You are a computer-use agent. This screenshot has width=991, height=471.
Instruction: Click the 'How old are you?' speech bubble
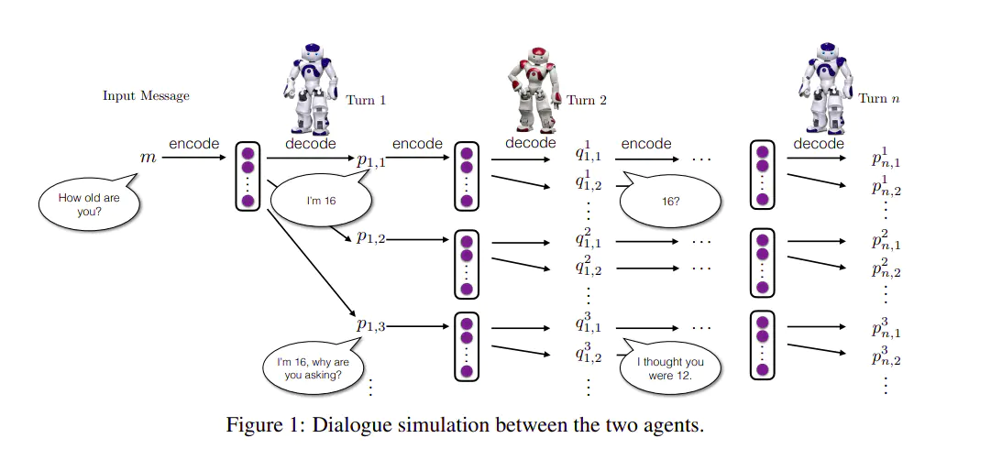88,204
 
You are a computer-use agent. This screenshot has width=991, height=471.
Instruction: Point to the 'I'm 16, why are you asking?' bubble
311,367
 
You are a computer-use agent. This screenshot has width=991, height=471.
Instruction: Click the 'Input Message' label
146,95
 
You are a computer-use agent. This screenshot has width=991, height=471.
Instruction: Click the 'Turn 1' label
366,100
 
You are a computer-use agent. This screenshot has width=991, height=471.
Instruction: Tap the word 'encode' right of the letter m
193,144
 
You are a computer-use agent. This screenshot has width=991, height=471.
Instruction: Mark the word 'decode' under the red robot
531,143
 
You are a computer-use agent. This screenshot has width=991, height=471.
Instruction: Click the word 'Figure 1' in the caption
261,425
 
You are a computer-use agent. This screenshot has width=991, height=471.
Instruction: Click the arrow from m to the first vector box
195,158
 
